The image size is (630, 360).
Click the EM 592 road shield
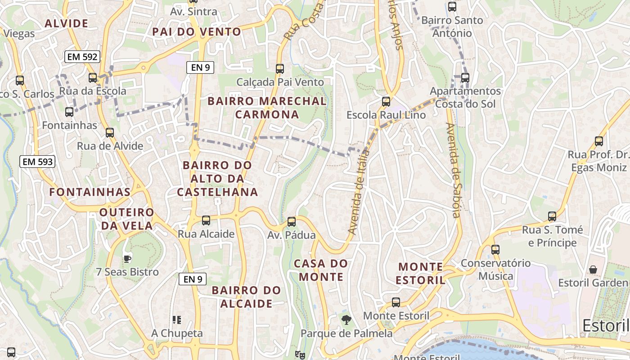pyautogui.click(x=82, y=57)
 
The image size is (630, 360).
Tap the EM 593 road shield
pyautogui.click(x=37, y=162)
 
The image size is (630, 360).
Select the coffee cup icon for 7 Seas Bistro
pyautogui.click(x=127, y=258)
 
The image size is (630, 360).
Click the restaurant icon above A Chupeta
pyautogui.click(x=177, y=320)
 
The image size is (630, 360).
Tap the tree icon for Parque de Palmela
pyautogui.click(x=346, y=320)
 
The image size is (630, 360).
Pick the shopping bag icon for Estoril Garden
pyautogui.click(x=593, y=270)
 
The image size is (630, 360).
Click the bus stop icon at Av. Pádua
pyautogui.click(x=292, y=221)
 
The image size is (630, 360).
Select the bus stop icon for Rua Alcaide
pyautogui.click(x=206, y=220)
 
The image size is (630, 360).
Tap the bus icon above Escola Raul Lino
pyautogui.click(x=386, y=101)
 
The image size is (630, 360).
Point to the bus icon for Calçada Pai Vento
pyautogui.click(x=280, y=68)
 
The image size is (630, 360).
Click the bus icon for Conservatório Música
pyautogui.click(x=495, y=249)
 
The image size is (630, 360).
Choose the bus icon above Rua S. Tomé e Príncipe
pyautogui.click(x=552, y=216)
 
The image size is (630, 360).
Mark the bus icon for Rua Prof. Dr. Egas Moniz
pyautogui.click(x=599, y=141)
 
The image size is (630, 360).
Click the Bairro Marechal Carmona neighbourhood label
pyautogui.click(x=267, y=108)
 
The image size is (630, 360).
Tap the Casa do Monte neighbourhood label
pyautogui.click(x=321, y=270)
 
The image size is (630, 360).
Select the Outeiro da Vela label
pyautogui.click(x=127, y=219)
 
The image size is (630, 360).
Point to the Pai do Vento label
pyautogui.click(x=197, y=32)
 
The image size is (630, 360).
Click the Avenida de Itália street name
pyautogui.click(x=359, y=192)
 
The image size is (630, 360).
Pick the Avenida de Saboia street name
pyautogui.click(x=453, y=170)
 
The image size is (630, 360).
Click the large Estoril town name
pyautogui.click(x=605, y=325)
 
